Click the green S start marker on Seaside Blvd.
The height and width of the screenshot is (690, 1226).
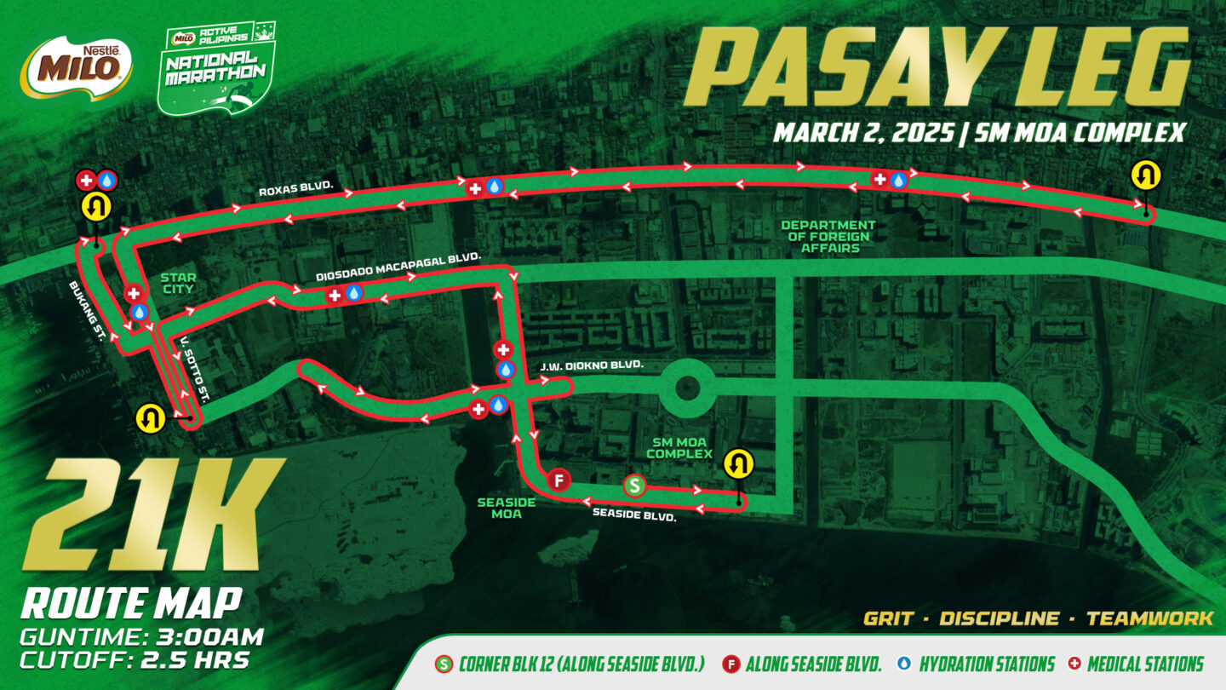634,486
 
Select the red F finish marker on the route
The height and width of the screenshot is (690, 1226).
559,480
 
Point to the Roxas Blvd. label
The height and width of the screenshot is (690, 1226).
295,187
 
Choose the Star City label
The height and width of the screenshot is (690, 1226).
178,284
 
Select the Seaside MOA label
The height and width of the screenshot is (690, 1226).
506,508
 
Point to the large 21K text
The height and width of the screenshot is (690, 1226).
145,515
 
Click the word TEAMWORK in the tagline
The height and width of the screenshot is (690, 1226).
1149,618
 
